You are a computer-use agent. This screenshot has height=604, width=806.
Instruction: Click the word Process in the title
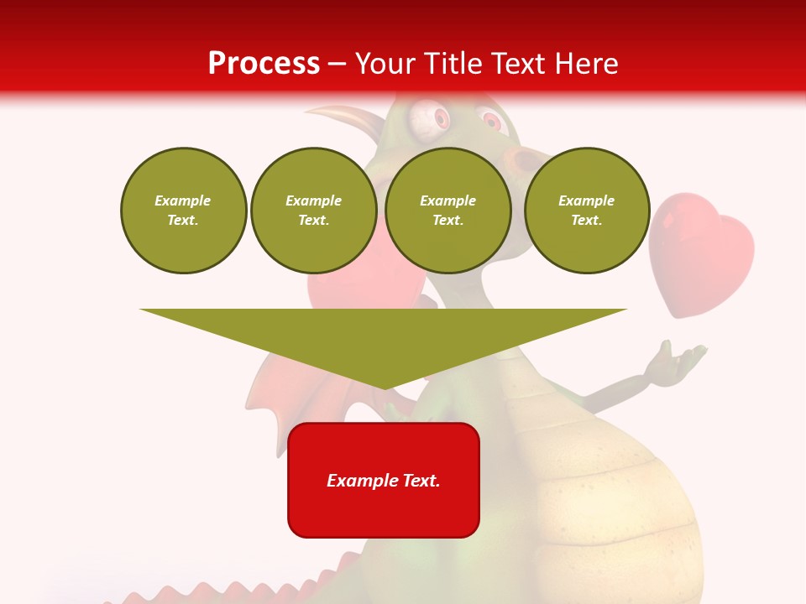coord(264,63)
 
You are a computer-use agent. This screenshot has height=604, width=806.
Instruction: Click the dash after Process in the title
coord(337,65)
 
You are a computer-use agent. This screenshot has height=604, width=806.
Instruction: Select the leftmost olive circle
coord(183,211)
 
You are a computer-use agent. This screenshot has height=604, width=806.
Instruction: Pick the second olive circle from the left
coord(313,211)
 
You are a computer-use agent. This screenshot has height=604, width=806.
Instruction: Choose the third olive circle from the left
coord(447,211)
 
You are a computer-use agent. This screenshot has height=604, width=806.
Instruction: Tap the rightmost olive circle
coord(587,211)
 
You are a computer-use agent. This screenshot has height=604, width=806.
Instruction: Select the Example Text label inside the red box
coord(384,481)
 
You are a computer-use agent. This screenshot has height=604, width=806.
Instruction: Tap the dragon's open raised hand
coord(678,359)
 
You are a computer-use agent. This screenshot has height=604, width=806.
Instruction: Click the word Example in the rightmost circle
coord(586,200)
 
